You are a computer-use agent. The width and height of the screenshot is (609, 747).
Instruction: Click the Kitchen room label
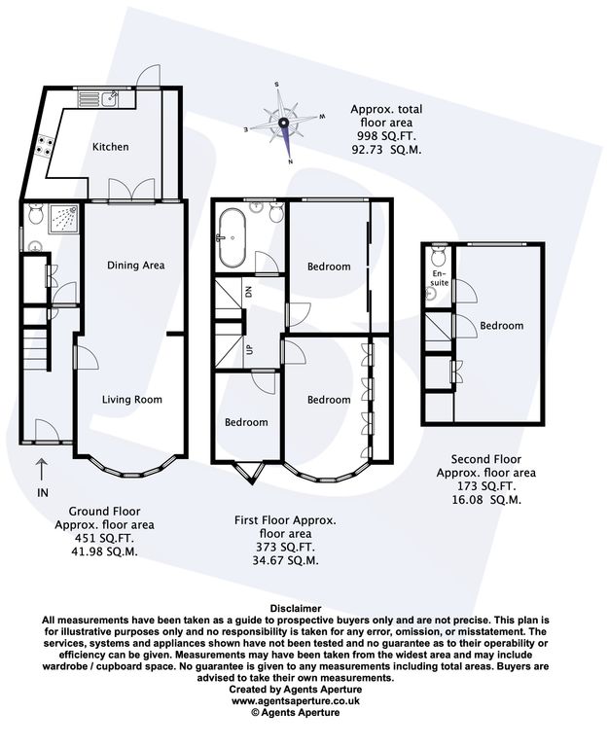(111, 147)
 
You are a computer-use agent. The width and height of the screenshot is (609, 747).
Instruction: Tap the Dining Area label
(136, 266)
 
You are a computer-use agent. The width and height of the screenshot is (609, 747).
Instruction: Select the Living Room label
(132, 400)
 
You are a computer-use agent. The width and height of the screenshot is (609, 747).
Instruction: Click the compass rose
(283, 123)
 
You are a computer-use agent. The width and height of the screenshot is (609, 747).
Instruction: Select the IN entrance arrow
(43, 469)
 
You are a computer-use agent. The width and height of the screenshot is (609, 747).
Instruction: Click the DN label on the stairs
(248, 293)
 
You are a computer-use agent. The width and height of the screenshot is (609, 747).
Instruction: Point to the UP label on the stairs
(248, 350)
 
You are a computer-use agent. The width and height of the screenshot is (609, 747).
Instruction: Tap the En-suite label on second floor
(439, 278)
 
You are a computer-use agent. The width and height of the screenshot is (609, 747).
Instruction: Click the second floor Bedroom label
(501, 326)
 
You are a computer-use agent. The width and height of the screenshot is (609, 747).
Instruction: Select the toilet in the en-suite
(438, 257)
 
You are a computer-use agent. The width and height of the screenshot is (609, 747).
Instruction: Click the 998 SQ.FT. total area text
(386, 136)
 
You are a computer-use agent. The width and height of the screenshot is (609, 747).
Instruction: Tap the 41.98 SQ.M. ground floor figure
(104, 552)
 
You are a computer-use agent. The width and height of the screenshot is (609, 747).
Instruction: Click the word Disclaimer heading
(296, 608)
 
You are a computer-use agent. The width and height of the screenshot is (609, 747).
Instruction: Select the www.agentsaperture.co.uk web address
(296, 700)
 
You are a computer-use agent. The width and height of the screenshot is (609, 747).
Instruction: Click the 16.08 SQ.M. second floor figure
(486, 500)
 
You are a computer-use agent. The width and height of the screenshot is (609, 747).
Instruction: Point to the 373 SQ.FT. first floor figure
(285, 548)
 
